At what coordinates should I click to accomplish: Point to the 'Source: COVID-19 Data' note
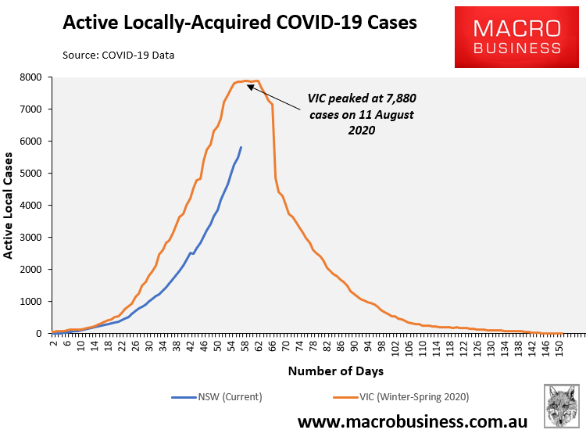tap(119, 56)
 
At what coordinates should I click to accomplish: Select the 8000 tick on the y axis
tap(30, 77)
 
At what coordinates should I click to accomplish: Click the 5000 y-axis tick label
tap(30, 174)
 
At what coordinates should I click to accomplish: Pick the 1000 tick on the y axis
tap(30, 302)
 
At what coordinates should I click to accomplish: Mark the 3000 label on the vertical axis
tap(30, 238)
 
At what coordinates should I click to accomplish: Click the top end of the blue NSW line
tap(241, 147)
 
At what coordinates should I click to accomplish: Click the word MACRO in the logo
tap(516, 28)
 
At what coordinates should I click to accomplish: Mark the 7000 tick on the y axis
tap(30, 109)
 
